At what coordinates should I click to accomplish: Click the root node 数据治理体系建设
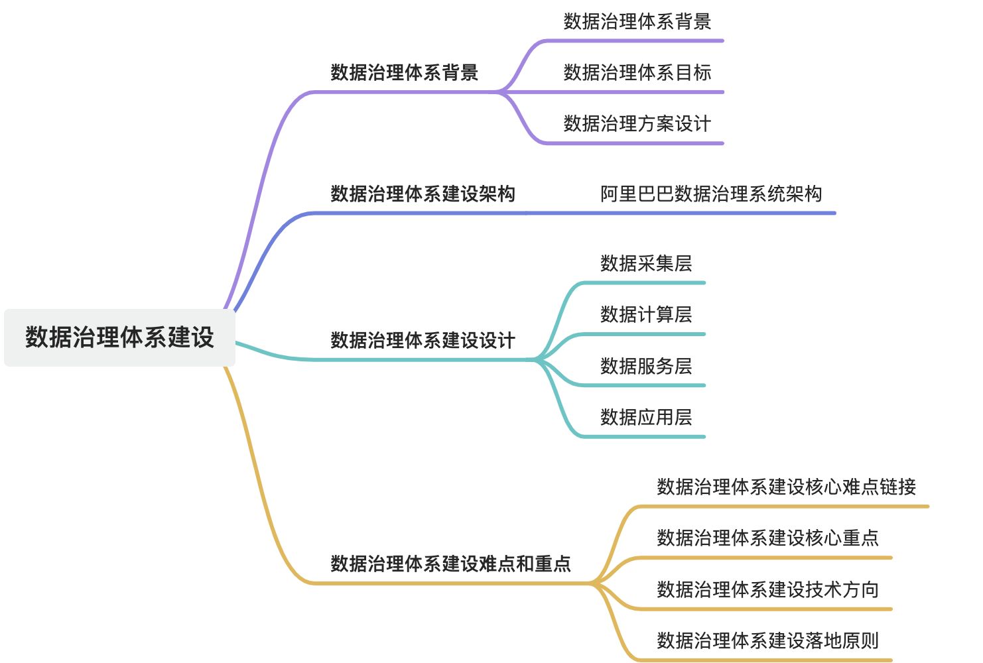point(119,337)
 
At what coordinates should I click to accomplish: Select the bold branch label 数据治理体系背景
point(404,72)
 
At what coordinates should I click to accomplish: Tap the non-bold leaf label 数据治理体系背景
point(637,21)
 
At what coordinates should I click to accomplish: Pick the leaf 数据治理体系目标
point(637,72)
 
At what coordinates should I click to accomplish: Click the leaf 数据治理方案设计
point(637,123)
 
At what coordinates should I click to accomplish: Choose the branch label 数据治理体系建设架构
point(423,194)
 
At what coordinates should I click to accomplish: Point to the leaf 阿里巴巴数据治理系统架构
point(711,194)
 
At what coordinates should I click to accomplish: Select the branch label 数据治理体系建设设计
point(423,340)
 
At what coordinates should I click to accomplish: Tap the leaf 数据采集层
point(645,263)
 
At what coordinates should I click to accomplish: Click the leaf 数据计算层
point(645,314)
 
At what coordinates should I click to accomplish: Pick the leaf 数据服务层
point(645,366)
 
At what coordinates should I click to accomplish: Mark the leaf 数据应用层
point(645,417)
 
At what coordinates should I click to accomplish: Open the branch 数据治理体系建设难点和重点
point(450,564)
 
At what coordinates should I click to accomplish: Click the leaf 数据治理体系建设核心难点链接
point(786,487)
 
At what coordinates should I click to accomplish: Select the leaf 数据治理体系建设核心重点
point(767,538)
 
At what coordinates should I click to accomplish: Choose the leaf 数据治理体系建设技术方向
point(767,589)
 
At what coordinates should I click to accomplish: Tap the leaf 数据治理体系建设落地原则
point(767,640)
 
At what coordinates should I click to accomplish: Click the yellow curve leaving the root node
point(255,464)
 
